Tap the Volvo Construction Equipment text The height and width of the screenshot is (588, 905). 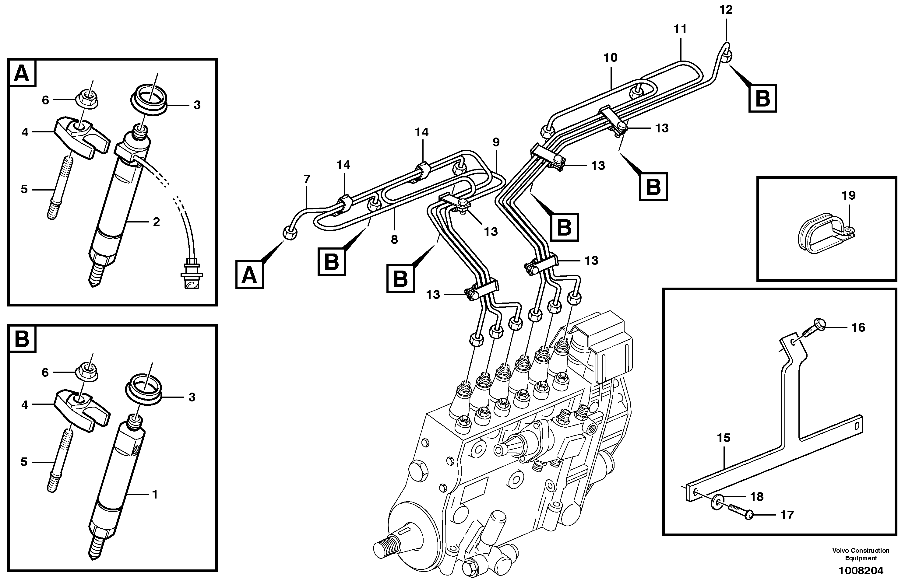861,554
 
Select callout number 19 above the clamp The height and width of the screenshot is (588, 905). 849,195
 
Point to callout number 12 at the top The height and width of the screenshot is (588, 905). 726,10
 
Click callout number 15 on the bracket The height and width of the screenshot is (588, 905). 724,438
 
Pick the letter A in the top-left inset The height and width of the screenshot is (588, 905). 21,73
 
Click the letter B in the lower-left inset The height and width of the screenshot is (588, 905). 21,339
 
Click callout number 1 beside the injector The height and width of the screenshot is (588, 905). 154,494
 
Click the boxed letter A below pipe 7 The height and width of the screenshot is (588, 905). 249,275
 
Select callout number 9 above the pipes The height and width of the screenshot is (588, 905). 496,142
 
